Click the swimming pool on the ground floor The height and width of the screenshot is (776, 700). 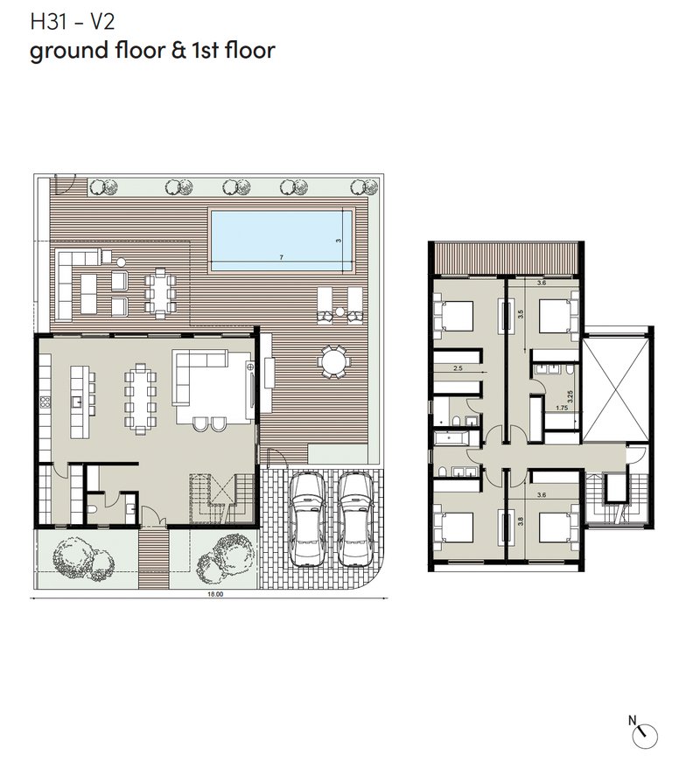282,241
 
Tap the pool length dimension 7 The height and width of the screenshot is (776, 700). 281,257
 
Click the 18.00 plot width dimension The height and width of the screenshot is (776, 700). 216,594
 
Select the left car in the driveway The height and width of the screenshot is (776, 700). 307,519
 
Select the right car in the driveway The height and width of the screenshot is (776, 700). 355,519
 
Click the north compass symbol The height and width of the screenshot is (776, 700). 645,736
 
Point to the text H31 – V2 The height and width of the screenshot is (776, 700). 73,22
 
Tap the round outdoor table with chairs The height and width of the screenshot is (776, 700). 334,362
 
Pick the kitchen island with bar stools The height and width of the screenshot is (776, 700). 80,402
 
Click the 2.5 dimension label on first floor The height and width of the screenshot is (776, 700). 458,367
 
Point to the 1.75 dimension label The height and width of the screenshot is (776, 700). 562,408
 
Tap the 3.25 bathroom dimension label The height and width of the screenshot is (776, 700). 570,396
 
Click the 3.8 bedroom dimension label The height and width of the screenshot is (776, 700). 520,521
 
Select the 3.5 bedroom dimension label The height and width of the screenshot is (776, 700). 520,314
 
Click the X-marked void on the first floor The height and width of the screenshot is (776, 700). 615,389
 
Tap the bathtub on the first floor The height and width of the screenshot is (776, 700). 451,437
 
